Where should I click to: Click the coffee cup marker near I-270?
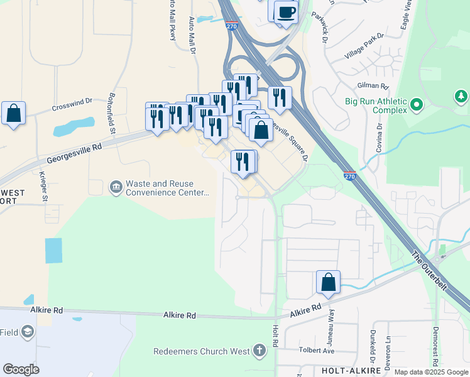[x=287, y=13]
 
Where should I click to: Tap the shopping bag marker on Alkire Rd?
[x=328, y=283]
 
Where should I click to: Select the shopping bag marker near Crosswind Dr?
[x=13, y=114]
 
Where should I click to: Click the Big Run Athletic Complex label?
[x=376, y=106]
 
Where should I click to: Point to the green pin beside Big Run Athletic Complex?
[x=416, y=105]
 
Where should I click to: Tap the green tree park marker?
[x=461, y=96]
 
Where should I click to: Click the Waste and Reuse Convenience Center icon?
[x=116, y=187]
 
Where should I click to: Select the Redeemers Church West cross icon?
[x=260, y=351]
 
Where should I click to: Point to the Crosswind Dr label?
[x=72, y=101]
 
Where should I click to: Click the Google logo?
[x=21, y=369]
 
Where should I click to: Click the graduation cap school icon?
[x=28, y=331]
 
